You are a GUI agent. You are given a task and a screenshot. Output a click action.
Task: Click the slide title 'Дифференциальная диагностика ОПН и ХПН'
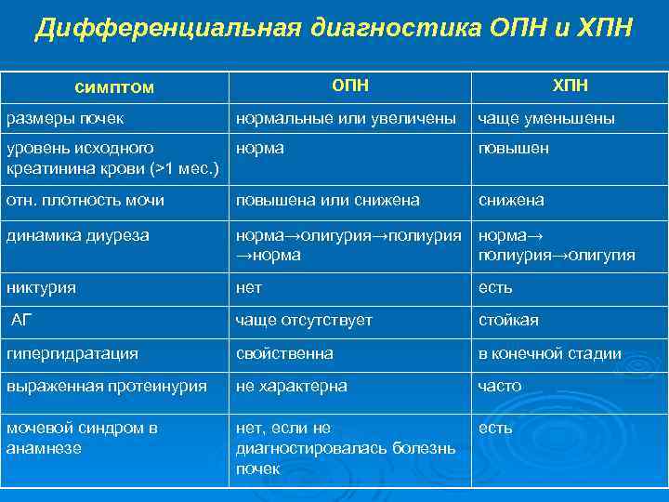click(x=334, y=29)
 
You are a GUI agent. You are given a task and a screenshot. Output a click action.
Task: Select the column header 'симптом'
click(x=114, y=87)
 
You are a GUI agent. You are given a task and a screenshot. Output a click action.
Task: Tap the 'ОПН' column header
click(x=350, y=86)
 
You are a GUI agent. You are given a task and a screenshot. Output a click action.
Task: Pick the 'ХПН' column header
click(x=571, y=86)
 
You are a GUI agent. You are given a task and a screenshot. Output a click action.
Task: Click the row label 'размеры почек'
click(x=66, y=119)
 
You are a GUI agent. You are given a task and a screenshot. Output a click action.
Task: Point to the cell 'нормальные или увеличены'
click(x=346, y=119)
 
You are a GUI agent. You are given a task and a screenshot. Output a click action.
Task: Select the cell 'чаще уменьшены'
click(x=546, y=119)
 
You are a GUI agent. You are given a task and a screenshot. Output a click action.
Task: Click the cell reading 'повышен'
click(x=513, y=149)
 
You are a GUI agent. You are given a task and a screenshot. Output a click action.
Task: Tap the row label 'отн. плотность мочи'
click(x=85, y=200)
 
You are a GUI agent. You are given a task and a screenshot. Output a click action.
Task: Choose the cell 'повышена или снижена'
click(x=328, y=200)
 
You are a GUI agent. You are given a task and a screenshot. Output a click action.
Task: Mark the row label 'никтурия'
click(x=42, y=287)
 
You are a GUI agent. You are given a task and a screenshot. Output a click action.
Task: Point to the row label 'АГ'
click(x=21, y=320)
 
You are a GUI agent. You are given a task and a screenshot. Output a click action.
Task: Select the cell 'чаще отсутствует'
click(x=304, y=320)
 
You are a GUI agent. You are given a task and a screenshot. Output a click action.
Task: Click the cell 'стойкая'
click(x=508, y=320)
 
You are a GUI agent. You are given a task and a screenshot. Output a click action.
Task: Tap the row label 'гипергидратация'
click(x=72, y=353)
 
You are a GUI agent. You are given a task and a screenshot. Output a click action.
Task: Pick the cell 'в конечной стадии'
click(x=550, y=353)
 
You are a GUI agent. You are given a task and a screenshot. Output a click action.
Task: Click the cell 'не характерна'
click(x=292, y=386)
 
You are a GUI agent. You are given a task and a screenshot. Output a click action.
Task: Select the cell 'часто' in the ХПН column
click(x=500, y=386)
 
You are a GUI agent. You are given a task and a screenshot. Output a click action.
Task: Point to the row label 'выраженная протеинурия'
click(x=107, y=386)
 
